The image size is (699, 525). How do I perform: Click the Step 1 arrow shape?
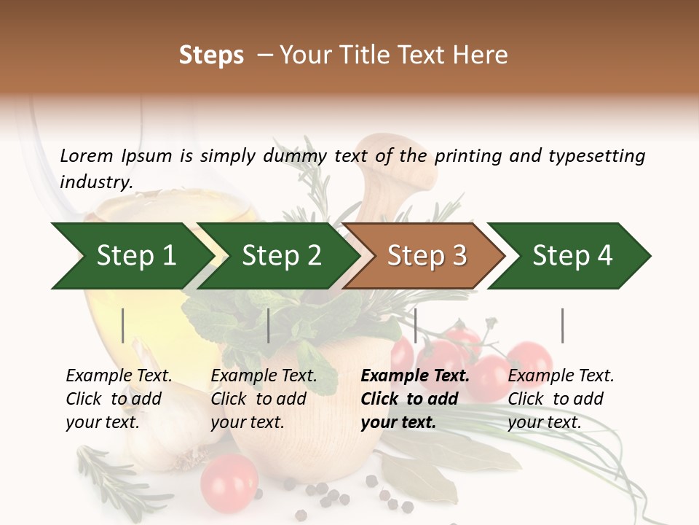point(131,256)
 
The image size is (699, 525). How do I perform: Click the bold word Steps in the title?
point(211,55)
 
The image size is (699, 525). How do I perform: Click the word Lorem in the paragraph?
point(86,155)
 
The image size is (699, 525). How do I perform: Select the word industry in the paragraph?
point(95,182)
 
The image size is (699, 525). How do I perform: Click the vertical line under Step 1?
point(123,325)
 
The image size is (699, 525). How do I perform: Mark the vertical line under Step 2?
point(269,325)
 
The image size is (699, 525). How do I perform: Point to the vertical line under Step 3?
point(415,325)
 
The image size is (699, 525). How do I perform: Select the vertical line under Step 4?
point(562,325)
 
